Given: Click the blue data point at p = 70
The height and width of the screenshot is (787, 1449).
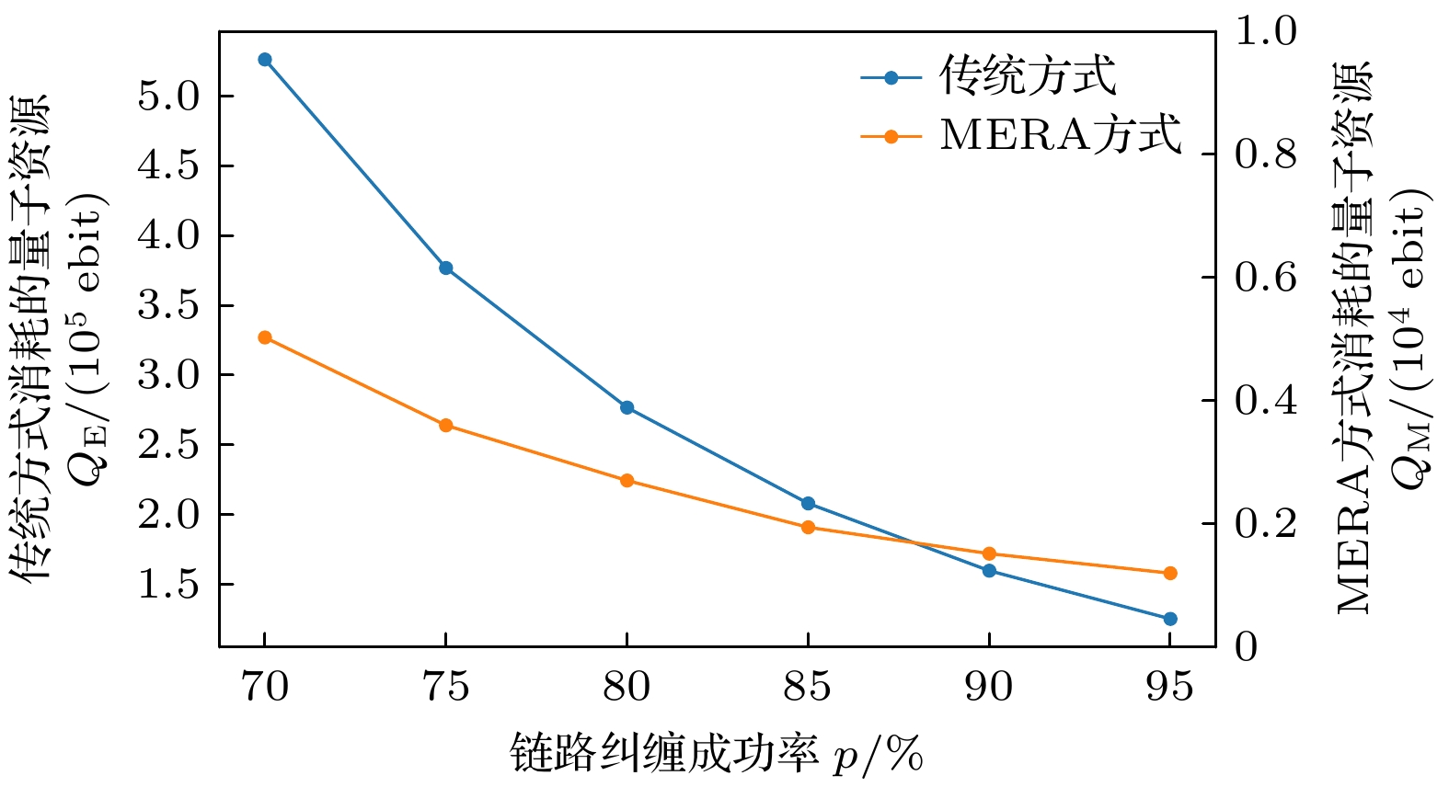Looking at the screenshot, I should coord(265,60).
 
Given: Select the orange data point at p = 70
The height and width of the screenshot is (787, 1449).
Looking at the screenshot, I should coord(265,337).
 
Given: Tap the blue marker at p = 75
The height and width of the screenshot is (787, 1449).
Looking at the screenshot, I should coord(446,268).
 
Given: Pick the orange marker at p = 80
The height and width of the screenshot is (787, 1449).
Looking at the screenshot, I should coord(627,480).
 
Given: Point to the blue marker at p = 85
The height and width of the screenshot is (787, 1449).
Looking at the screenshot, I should coord(808,503).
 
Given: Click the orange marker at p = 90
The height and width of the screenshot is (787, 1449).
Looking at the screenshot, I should coord(989,553).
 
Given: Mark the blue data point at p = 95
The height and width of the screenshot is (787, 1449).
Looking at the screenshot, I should coord(1170,619).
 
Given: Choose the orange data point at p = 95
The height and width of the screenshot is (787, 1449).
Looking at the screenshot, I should coord(1170,573).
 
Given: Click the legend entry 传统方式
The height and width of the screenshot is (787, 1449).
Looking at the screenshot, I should coord(1027,77).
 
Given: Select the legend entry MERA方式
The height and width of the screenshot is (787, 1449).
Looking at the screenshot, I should coord(1060,136).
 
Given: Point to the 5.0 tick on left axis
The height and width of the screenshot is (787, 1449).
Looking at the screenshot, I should coord(168,96).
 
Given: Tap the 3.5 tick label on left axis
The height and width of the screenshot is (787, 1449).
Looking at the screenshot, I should coord(168,305).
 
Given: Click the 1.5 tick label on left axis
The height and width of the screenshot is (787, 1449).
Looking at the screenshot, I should coord(168,584).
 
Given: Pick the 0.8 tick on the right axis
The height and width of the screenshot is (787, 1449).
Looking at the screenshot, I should coord(1266,154).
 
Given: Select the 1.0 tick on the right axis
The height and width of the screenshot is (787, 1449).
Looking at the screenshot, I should coord(1266,31).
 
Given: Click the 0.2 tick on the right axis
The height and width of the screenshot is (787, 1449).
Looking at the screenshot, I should coord(1266,524).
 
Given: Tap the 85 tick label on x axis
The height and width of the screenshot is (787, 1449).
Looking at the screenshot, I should coord(808,687).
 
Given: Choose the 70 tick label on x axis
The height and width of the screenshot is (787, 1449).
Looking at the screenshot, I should coord(265,687).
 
